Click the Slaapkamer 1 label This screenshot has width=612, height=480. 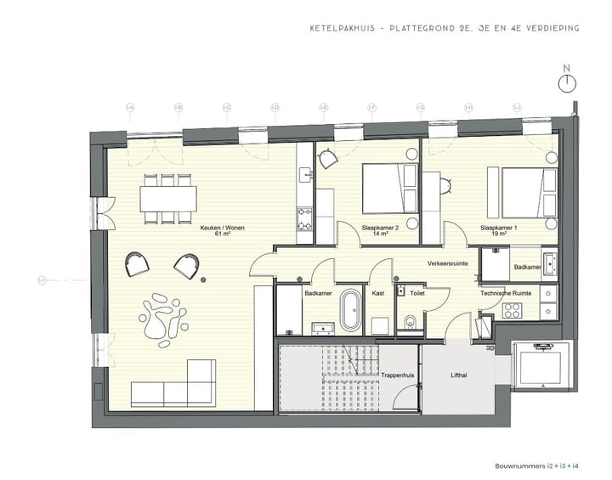(x=498, y=228)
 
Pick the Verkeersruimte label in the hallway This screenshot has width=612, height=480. (x=447, y=264)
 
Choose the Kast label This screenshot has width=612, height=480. (x=378, y=293)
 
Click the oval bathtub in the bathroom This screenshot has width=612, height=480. (x=350, y=312)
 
